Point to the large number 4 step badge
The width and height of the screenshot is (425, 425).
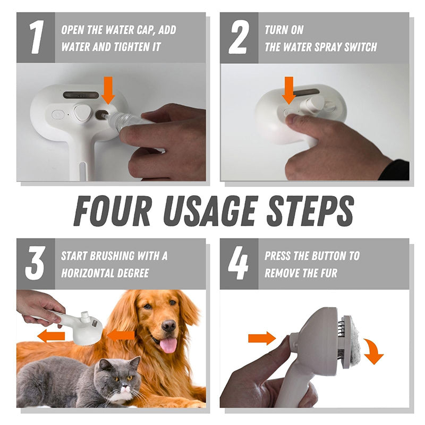239,263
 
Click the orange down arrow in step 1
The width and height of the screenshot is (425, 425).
108,89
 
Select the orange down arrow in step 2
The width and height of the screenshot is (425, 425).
289,90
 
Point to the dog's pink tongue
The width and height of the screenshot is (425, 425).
168,345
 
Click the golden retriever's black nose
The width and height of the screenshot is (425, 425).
169,325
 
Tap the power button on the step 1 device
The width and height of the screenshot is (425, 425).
58,114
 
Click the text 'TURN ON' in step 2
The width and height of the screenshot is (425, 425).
284,30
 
